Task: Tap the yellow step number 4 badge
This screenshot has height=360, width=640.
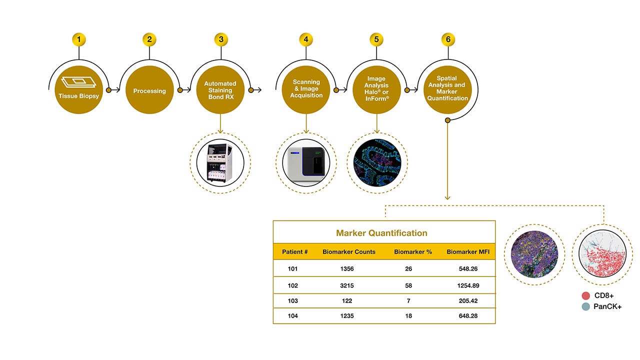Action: pos(306,39)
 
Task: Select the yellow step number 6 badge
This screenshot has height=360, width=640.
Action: pos(448,39)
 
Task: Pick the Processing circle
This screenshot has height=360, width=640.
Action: pos(149,90)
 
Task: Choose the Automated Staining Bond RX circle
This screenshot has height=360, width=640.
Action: pos(220,90)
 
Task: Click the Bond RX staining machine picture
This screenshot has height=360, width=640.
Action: pos(220,163)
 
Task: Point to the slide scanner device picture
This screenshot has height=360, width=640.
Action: pos(306,163)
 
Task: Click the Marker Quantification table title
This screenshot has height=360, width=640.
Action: pos(381,233)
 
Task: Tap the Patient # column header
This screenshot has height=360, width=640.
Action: pos(294,251)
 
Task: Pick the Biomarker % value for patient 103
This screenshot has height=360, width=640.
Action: pos(408,300)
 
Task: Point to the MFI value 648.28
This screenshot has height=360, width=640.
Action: pos(467,315)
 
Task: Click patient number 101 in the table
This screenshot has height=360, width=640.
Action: pos(292,269)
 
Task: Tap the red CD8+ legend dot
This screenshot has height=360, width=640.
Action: pos(586,295)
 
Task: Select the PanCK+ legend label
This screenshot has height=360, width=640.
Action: pos(607,306)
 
